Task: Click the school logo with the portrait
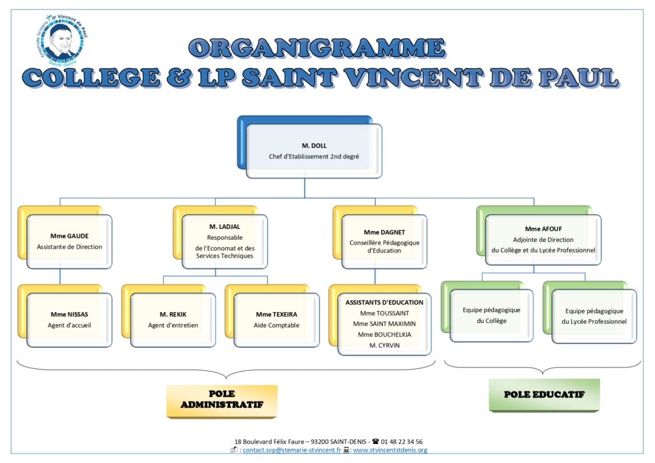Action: (62, 40)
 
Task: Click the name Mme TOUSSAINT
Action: (384, 313)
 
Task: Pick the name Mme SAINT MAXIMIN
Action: (384, 324)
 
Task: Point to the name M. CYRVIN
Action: (384, 345)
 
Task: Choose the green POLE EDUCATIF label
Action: (544, 395)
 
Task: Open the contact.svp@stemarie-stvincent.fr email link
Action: (292, 450)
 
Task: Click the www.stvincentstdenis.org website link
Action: (390, 450)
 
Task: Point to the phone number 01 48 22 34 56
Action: (402, 441)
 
